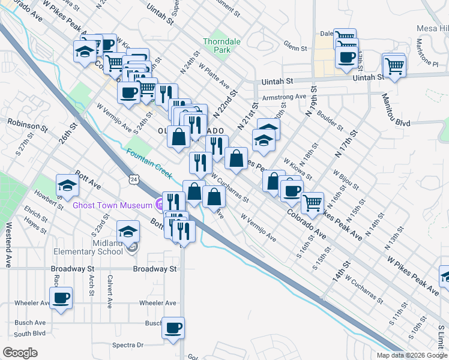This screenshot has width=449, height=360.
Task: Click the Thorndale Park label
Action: click(x=217, y=46)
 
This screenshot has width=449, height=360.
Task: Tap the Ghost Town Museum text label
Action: click(x=112, y=205)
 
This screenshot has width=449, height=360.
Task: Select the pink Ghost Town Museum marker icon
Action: click(x=159, y=205)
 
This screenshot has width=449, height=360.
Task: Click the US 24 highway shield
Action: click(x=134, y=179)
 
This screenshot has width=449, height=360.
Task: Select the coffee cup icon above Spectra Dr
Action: click(x=173, y=328)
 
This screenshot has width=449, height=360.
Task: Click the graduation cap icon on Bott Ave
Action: click(x=67, y=186)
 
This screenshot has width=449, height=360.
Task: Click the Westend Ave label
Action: click(x=9, y=237)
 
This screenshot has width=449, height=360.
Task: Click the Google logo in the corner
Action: click(x=19, y=352)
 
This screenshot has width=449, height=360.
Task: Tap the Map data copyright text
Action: click(x=412, y=355)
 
